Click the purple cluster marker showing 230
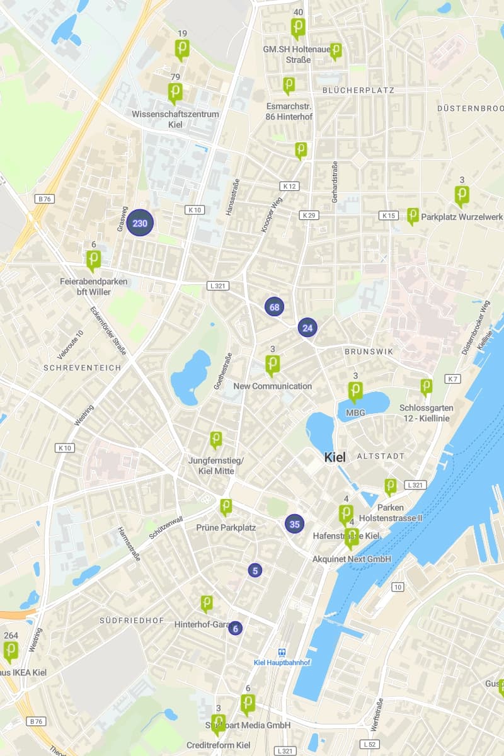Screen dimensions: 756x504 pos(140,223)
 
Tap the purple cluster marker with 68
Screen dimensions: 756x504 pos(274,307)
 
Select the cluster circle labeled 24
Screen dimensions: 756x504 pos(307,328)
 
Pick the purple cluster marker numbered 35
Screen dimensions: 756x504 pos(294,523)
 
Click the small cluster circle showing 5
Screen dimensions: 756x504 pos(255,570)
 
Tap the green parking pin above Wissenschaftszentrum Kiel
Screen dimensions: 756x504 pos(175,93)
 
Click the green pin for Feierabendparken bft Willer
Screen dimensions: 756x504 pos(93,260)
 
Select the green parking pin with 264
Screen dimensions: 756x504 pos(11,651)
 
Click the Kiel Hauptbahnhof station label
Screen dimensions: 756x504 pos(282,662)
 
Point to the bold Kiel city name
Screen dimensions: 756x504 pos(335,457)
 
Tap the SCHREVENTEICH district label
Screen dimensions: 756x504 pos(73,367)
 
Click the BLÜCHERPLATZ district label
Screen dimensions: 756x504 pos(358,90)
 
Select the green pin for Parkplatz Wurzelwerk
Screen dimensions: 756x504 pos(413,215)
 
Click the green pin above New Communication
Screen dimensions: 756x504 pos(272,364)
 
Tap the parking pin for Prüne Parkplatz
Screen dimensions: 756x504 pos(226,507)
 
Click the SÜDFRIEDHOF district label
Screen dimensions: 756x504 pos(132,621)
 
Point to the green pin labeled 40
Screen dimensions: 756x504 pos(298,28)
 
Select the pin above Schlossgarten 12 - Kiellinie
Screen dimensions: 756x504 pos(427,386)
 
